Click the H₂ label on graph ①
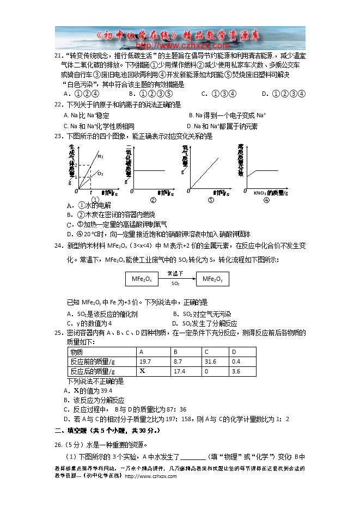click(101, 156)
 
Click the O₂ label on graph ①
click(101, 173)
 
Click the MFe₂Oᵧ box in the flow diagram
click(213, 279)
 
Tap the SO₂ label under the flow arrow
click(175, 284)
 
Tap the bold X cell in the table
click(143, 371)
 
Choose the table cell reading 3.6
click(236, 371)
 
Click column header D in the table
click(234, 352)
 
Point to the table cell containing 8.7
click(178, 361)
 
